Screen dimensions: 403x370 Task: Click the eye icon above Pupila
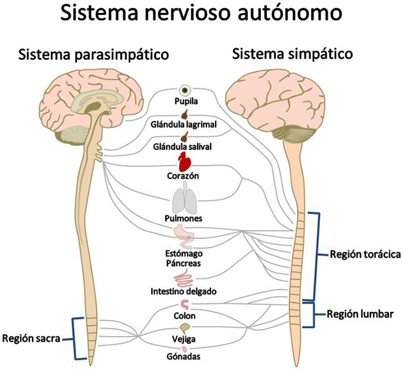[x=185, y=90]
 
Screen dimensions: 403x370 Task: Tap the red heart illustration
[x=185, y=162]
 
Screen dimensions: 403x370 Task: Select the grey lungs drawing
[x=185, y=198]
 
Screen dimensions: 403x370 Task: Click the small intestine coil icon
[x=184, y=280]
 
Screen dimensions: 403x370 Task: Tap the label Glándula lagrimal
[x=184, y=125]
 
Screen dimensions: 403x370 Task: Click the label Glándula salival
[x=182, y=146]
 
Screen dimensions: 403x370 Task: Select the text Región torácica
[x=365, y=254]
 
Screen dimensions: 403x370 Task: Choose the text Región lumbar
[x=360, y=314]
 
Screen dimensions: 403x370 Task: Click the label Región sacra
[x=31, y=338]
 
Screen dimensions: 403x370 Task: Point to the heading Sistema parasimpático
[x=93, y=54]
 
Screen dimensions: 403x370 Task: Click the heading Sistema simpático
[x=292, y=54]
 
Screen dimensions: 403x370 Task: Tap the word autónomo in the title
[x=290, y=13]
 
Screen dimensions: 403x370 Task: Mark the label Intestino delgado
[x=184, y=291]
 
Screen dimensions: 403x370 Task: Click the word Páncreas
[x=183, y=263]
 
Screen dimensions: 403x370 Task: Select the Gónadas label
[x=183, y=356]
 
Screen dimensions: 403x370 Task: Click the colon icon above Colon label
[x=185, y=305]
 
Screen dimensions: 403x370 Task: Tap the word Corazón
[x=182, y=175]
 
